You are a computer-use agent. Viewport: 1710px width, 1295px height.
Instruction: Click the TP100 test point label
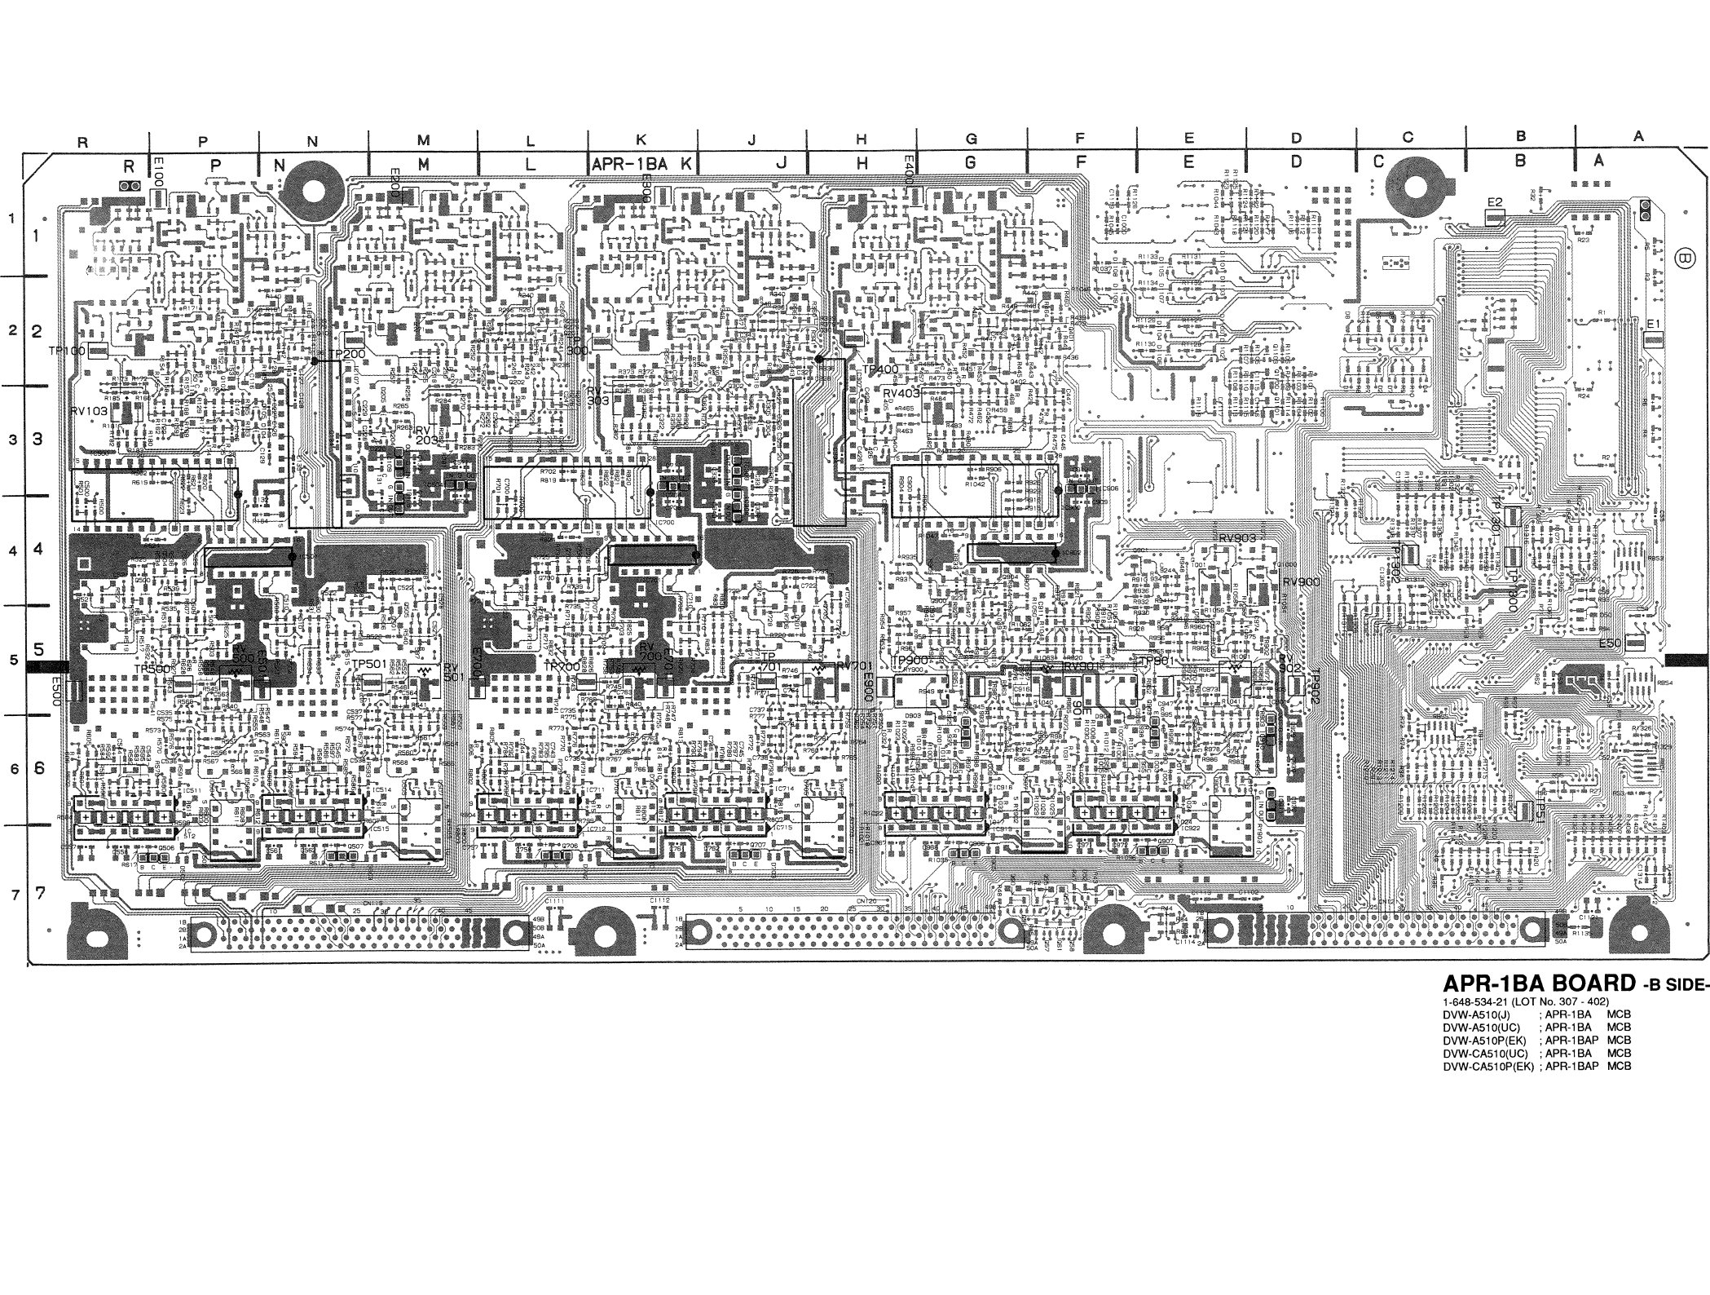coord(66,351)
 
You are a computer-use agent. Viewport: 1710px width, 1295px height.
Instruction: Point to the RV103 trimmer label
coord(89,411)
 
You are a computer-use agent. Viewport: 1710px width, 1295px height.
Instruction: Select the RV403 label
coord(901,392)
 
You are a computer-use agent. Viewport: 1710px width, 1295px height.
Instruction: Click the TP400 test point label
coord(880,370)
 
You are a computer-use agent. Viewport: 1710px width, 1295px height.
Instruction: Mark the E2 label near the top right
coord(1494,202)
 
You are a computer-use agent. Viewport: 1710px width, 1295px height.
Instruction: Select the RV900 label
coord(1301,582)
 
